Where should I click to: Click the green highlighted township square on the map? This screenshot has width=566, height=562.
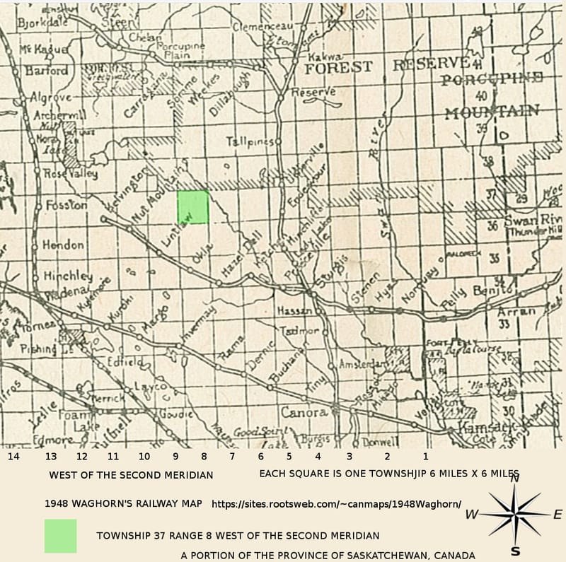[192, 207]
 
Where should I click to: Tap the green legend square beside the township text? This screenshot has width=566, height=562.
[60, 536]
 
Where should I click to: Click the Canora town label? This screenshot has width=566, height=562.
[304, 412]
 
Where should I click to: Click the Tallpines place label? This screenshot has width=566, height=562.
[249, 141]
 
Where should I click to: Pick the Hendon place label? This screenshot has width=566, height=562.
[63, 245]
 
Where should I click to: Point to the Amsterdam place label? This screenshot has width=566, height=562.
[363, 363]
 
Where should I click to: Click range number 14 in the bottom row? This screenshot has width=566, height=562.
[13, 457]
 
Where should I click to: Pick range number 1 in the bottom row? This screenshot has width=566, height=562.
[425, 457]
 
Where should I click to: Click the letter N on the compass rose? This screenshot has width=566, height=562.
[515, 479]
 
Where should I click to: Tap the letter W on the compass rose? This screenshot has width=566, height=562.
[471, 515]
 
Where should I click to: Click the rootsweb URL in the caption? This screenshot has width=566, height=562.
[336, 505]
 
